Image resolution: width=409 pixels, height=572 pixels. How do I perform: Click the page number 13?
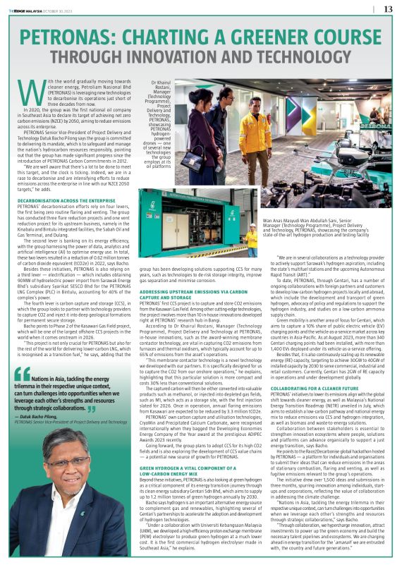coord(387,8)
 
